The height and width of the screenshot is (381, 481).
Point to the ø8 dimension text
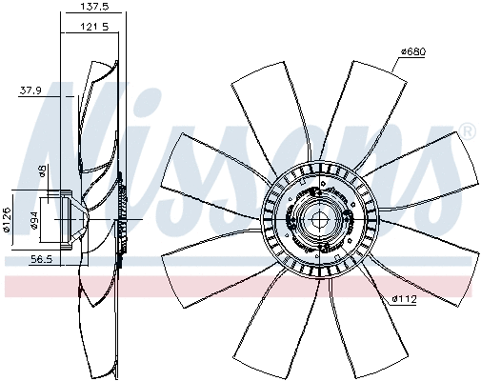(x=41, y=171)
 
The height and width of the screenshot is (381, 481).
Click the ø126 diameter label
(x=8, y=218)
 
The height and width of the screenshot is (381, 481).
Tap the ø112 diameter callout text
(x=405, y=299)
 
